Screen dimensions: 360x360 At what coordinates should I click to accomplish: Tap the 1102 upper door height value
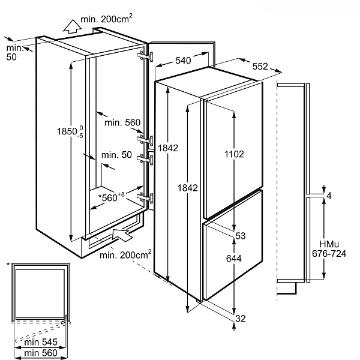coord(234,154)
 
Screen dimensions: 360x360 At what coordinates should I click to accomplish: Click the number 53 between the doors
coord(241,236)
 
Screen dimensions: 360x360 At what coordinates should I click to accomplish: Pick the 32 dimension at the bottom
coord(240,318)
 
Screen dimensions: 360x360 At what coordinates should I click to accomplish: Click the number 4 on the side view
coord(328,196)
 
